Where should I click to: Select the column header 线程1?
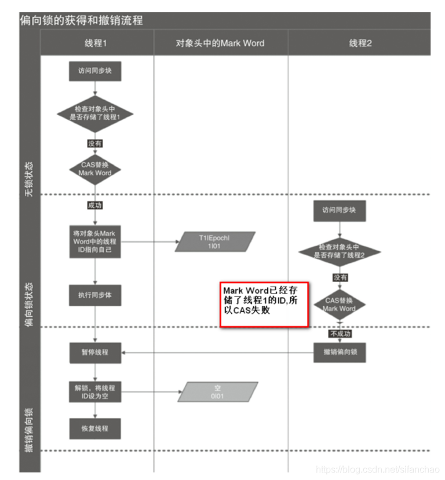coord(96,43)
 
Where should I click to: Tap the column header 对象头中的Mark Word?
coord(220,43)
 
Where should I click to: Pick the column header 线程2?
coord(360,43)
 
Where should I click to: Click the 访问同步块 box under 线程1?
coord(95,72)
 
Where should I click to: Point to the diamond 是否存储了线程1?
coord(95,113)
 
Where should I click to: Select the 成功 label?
coord(95,204)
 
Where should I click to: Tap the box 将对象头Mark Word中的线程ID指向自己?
coord(95,242)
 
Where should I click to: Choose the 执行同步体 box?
coord(95,295)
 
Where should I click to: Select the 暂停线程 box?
coord(95,352)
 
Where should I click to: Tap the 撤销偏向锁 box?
coord(340,352)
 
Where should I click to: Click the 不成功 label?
coord(340,334)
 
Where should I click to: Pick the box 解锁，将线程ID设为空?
coord(95,392)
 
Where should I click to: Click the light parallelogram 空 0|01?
coord(217,392)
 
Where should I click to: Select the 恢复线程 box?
coord(95,429)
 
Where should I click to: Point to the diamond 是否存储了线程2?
coord(340,251)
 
